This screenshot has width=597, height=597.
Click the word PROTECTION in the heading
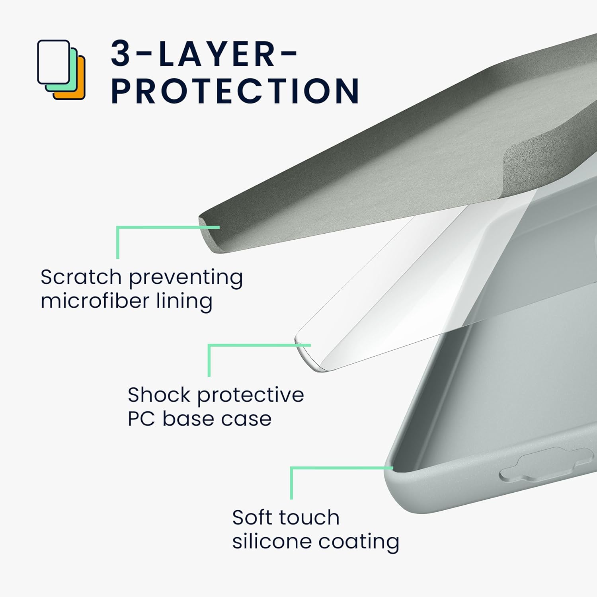(235, 91)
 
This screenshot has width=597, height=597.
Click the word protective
(251, 395)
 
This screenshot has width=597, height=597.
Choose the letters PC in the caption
(141, 419)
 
